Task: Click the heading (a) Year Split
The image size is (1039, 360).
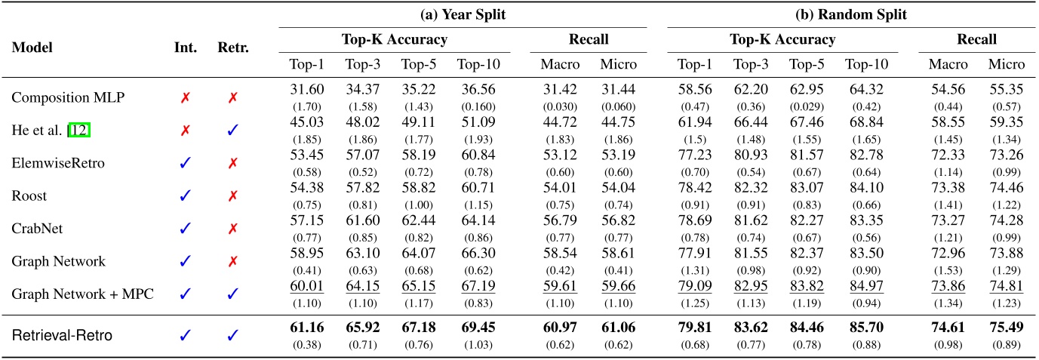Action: pos(463,14)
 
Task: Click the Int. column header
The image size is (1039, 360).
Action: pos(185,47)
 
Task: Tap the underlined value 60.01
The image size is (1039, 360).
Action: pos(306,287)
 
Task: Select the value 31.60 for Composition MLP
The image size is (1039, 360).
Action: pos(306,91)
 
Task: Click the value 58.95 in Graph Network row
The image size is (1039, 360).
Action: pos(306,254)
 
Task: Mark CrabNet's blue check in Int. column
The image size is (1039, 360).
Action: pos(185,229)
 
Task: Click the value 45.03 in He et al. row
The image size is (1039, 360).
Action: pos(306,123)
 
